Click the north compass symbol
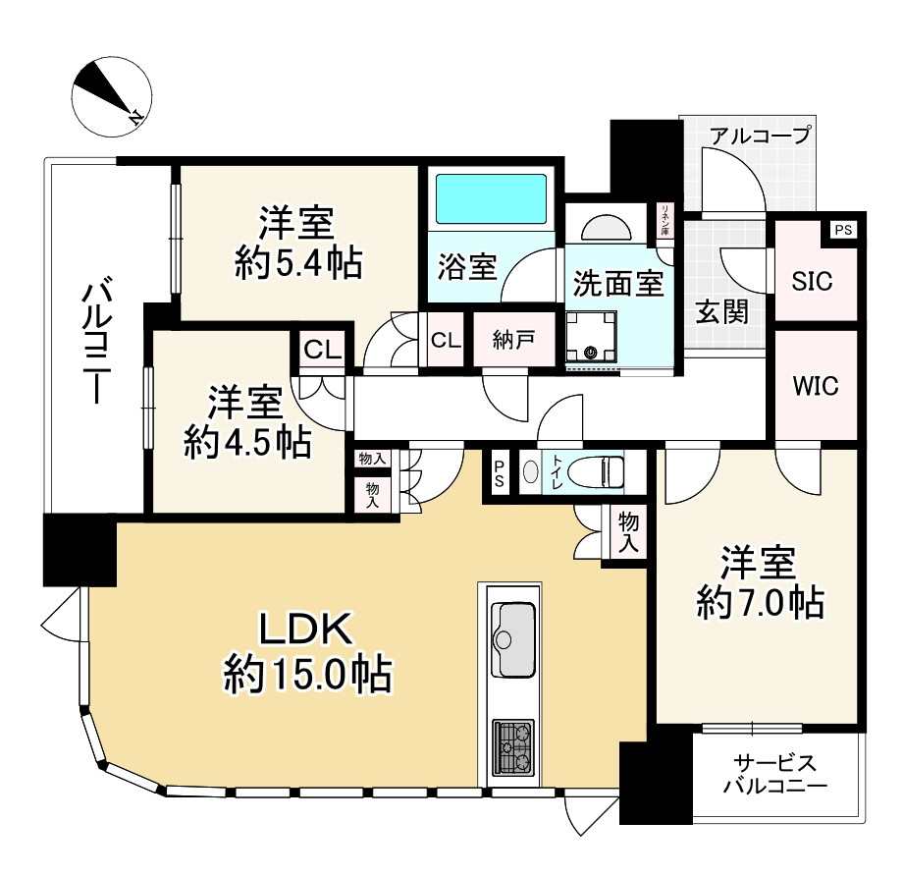point(112,97)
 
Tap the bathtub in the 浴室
point(491,198)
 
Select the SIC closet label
point(812,281)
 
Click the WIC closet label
point(816,386)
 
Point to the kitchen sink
point(513,639)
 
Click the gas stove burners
point(513,747)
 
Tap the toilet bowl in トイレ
point(596,472)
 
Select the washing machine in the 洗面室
point(591,336)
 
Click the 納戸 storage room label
point(513,340)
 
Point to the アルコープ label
point(760,136)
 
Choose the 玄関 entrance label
point(722,312)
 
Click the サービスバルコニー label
point(774,774)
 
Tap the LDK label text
point(306,630)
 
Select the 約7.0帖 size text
point(760,603)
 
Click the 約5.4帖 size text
point(298,263)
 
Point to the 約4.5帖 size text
point(247,443)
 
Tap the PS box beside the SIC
point(843,230)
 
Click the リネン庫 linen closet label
point(665,220)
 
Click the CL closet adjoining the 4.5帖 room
point(323,350)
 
